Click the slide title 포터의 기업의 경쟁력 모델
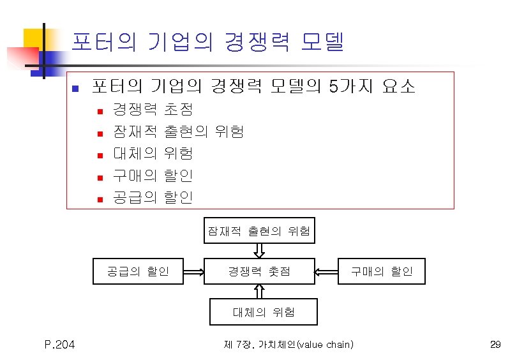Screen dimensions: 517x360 [207, 43]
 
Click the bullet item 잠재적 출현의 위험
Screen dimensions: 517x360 [177, 132]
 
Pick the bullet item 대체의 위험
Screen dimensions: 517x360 [152, 154]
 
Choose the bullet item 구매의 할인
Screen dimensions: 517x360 [152, 176]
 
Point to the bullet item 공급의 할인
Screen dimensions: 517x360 [152, 197]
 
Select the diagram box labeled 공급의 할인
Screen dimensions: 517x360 [139, 271]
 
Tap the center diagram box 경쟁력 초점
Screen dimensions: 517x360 [259, 271]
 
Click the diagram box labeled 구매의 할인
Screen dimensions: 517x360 [382, 271]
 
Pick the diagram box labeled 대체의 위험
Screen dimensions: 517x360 [259, 312]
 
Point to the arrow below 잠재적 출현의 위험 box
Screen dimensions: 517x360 [259, 251]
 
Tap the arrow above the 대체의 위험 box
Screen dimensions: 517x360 [259, 291]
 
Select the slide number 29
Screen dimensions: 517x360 [495, 345]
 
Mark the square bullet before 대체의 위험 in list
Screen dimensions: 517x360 [100, 154]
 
